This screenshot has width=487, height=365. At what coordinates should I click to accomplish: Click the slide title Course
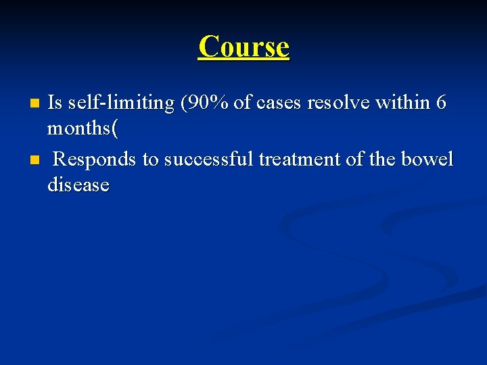[x=243, y=47]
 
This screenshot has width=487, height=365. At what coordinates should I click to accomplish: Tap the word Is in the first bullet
[x=55, y=103]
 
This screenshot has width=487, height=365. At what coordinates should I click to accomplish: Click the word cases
[x=279, y=103]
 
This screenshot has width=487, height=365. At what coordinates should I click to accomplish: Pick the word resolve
[x=338, y=103]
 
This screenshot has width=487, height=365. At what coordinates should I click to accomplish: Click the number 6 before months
[x=441, y=103]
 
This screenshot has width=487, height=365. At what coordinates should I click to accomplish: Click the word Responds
[x=95, y=159]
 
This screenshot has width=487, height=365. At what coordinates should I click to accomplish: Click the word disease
[x=78, y=185]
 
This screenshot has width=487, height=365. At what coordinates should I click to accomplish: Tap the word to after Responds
[x=150, y=159]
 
